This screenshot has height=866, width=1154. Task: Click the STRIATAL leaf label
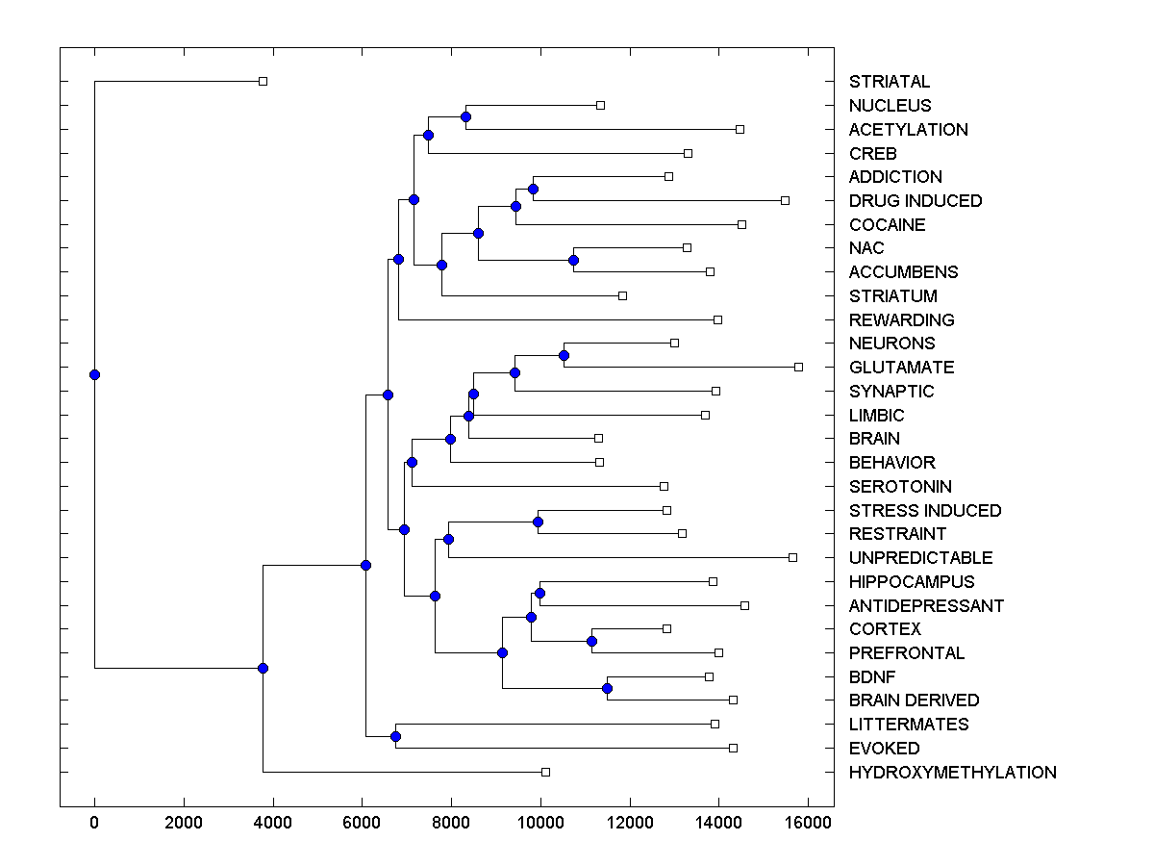[890, 82]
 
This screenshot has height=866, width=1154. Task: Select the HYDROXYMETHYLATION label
[952, 773]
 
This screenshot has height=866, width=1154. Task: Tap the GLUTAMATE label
[901, 368]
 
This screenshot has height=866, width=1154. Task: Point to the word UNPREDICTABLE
[920, 558]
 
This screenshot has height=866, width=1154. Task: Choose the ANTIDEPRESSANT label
[926, 606]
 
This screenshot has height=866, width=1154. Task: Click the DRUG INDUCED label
[916, 201]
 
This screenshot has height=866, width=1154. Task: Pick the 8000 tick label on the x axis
[451, 822]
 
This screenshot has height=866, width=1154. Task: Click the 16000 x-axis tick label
[808, 822]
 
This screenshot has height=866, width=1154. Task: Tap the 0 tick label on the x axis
[94, 822]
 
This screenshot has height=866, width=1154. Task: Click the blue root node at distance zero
[94, 374]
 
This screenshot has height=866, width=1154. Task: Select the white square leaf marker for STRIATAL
[263, 81]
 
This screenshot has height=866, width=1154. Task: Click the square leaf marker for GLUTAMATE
[798, 367]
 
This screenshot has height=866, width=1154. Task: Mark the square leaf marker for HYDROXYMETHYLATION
[545, 772]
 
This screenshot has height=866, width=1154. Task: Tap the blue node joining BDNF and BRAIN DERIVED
[607, 688]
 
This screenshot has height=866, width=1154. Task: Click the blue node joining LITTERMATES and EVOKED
[395, 736]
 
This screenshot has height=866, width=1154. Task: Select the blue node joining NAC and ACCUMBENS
[573, 260]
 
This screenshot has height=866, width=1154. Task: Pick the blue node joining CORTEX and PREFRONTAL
[591, 641]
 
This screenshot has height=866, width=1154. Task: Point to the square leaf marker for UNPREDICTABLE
[792, 557]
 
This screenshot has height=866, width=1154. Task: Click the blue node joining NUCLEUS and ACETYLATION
[465, 116]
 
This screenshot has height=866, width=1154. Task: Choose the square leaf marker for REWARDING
[717, 319]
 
